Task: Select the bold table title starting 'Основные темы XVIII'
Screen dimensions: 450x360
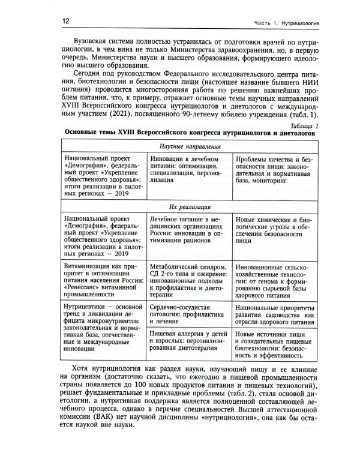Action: click(x=181, y=135)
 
